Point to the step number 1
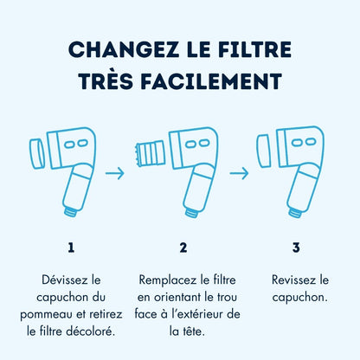point(71,247)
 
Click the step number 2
point(183,247)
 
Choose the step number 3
point(296,247)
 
